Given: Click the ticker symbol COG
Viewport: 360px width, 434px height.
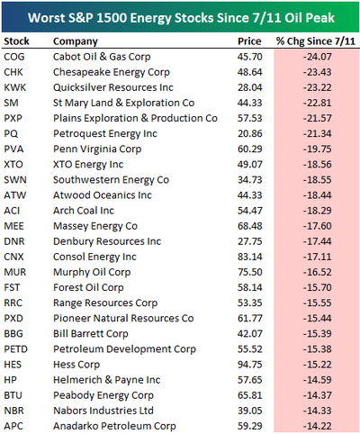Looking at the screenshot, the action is (x=14, y=57).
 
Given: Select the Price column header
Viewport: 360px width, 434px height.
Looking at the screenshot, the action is (x=249, y=41).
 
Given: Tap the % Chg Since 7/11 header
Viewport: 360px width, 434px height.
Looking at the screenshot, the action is (x=316, y=41).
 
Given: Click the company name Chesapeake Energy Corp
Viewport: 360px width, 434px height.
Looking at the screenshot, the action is (x=112, y=72).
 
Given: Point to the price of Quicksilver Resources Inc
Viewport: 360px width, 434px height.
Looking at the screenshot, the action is (x=250, y=87).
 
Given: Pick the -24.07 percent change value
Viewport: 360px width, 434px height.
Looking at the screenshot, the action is (x=318, y=57).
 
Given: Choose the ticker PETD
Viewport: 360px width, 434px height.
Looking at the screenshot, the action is (x=15, y=349).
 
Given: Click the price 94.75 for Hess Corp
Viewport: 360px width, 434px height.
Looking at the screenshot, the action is (x=250, y=365).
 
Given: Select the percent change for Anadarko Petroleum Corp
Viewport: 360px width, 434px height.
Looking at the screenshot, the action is (x=318, y=426).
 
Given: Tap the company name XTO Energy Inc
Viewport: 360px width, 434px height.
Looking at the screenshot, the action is (x=88, y=165).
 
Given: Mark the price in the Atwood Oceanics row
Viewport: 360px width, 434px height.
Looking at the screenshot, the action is (x=250, y=195).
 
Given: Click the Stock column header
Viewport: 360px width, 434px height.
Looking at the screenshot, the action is (x=16, y=41).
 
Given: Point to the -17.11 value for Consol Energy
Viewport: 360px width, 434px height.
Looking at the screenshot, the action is (x=318, y=257).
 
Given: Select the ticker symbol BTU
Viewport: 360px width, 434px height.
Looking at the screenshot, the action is (x=13, y=395).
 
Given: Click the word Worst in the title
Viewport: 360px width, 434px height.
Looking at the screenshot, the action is (x=46, y=18).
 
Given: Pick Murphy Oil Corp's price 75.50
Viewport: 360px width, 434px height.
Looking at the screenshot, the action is (x=250, y=272).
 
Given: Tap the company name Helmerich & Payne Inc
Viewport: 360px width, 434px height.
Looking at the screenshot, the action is (x=107, y=380).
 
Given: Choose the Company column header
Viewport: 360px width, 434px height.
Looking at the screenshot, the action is (x=76, y=41).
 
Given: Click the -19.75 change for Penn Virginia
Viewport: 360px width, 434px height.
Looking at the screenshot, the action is (x=318, y=149).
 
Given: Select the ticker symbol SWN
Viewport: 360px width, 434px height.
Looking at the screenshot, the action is (x=15, y=180).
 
